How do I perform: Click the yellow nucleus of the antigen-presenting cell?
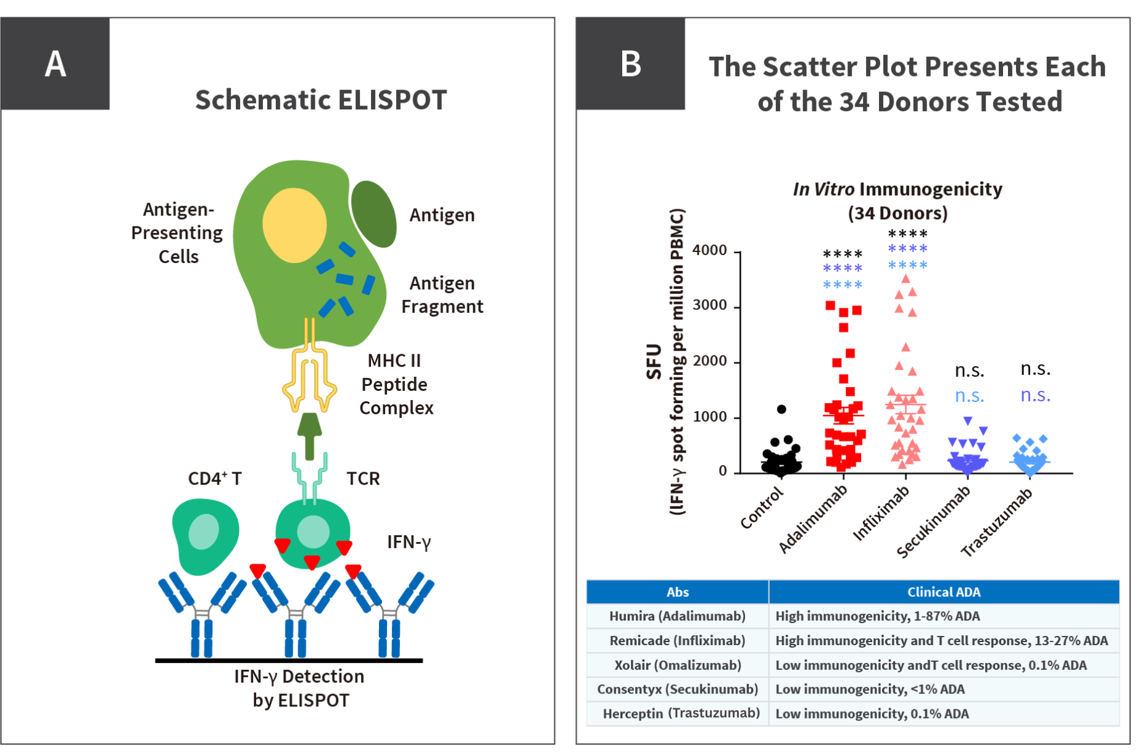(x=294, y=225)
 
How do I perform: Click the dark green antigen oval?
(x=373, y=214)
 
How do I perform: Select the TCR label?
(x=363, y=478)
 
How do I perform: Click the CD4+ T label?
(x=214, y=478)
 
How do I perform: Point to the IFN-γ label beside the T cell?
(x=409, y=542)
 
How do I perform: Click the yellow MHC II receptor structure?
(x=309, y=377)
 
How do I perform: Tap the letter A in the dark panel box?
(x=55, y=64)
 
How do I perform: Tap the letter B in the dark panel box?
(x=630, y=64)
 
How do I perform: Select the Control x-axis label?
(x=762, y=508)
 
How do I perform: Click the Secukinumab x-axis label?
(x=933, y=522)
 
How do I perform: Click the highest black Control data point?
(x=781, y=409)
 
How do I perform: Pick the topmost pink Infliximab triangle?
(x=906, y=279)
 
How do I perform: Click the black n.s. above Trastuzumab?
(x=1035, y=369)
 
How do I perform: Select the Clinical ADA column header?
(x=943, y=592)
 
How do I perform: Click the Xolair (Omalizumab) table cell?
(x=677, y=665)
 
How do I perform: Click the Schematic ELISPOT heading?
(x=321, y=100)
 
